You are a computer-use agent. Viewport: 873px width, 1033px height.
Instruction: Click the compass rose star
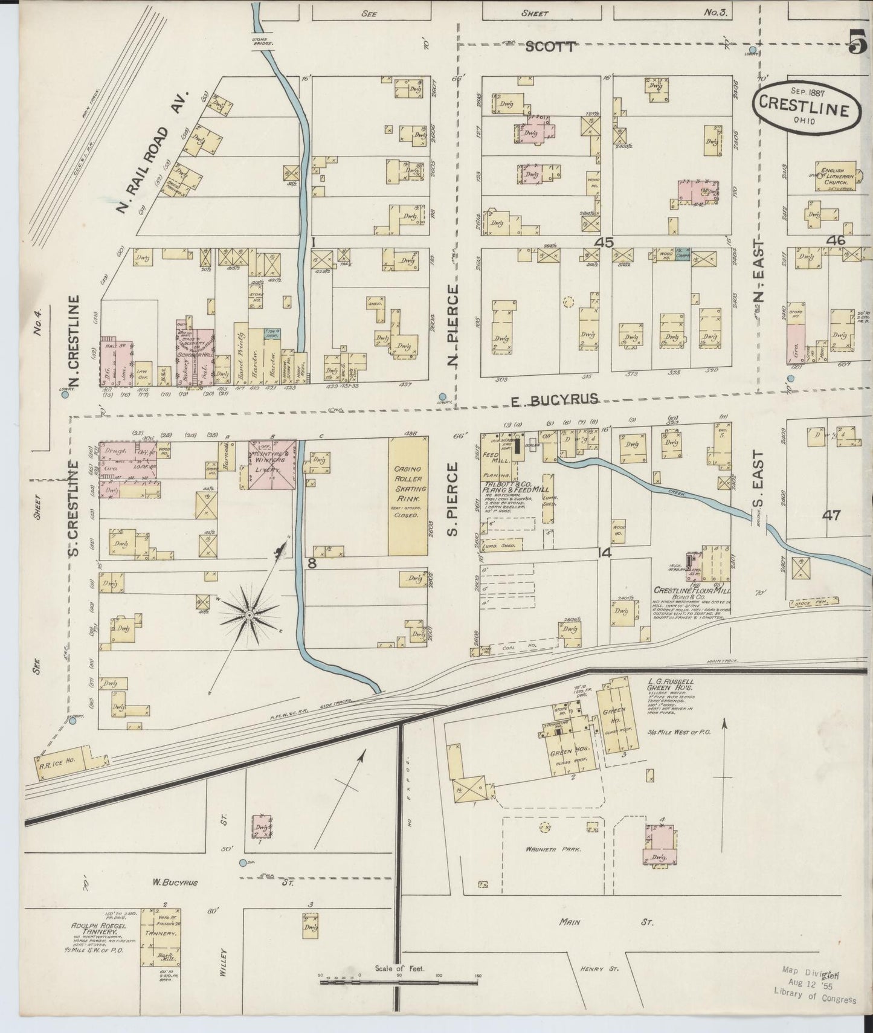[249, 615]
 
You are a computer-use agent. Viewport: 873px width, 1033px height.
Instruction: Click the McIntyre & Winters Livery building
[272, 464]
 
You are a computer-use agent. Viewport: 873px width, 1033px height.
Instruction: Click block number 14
[605, 552]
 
